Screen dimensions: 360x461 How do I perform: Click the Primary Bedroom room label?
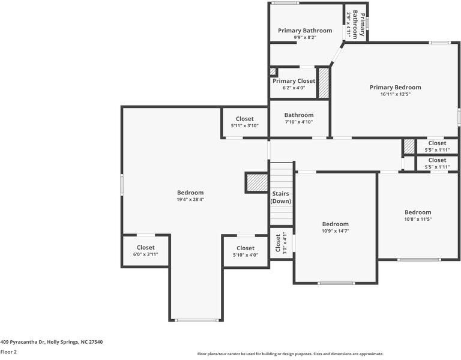point(395,87)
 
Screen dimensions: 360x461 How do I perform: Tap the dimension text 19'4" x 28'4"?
point(190,199)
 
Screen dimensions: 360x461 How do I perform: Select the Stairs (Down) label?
point(281,197)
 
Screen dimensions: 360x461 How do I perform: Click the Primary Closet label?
point(294,81)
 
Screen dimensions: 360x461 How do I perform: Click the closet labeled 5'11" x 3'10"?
point(244,122)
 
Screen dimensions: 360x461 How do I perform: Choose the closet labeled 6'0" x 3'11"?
point(145,250)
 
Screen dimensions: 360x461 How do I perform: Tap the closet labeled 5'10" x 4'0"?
point(245,251)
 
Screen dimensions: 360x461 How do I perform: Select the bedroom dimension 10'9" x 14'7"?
point(335,230)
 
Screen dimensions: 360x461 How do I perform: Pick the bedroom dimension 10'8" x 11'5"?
point(417,219)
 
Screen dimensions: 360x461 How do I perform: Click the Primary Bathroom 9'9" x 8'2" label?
point(305,34)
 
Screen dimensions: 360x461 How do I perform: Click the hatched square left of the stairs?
point(256,182)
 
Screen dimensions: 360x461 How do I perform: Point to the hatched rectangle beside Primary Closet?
point(324,83)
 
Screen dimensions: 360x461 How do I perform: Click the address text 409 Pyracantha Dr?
point(51,342)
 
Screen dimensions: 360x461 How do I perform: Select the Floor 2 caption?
point(8,352)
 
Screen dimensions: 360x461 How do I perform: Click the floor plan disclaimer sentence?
point(291,354)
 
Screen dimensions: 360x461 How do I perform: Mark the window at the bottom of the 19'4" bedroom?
point(197,320)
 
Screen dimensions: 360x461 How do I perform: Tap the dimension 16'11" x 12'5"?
point(395,94)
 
